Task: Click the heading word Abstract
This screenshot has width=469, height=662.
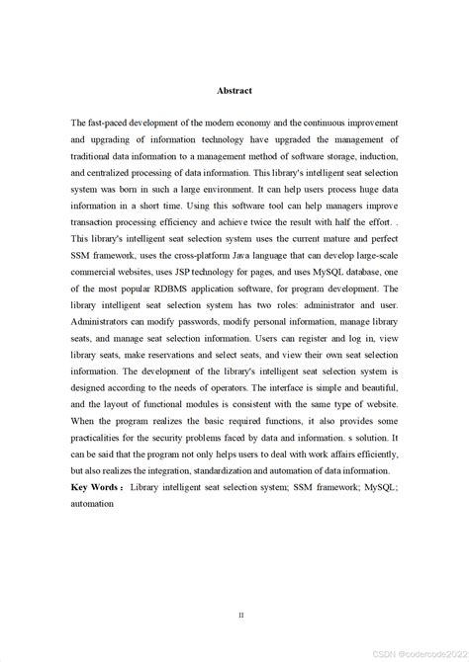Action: [x=234, y=91]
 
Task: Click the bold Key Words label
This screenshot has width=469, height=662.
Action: [x=96, y=489]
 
